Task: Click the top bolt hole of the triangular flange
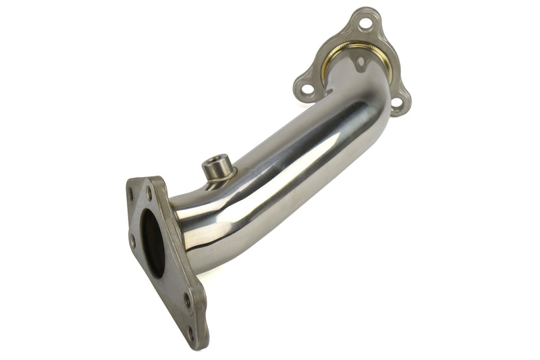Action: click(365, 24)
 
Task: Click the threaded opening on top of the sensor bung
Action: click(217, 162)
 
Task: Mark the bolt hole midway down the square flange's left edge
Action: click(132, 240)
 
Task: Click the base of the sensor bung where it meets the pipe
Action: click(217, 178)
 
